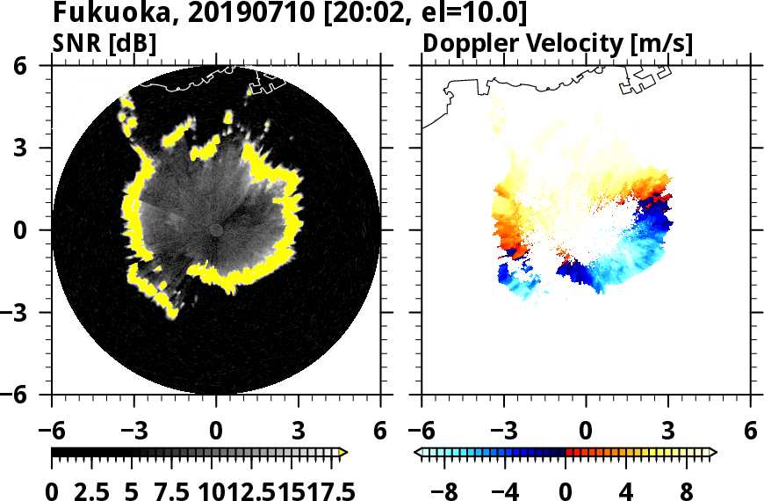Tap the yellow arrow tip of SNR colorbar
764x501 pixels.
point(344,453)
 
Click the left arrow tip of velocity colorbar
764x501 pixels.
point(419,453)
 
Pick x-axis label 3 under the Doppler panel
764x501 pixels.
point(668,431)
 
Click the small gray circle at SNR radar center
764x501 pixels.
point(216,229)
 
